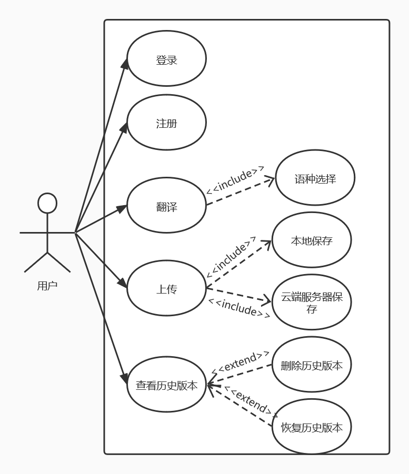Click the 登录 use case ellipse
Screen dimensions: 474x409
(166, 59)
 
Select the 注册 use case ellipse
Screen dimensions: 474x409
(166, 123)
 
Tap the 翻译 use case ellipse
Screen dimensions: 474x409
(166, 206)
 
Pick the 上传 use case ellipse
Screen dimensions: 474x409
(166, 288)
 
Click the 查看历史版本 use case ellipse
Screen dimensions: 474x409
(166, 385)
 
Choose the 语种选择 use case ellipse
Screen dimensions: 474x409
(315, 178)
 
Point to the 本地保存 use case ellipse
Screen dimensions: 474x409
(312, 240)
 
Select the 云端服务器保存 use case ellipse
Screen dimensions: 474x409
(312, 302)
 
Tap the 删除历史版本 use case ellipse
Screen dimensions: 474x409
(312, 365)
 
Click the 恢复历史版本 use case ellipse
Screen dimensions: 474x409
(312, 427)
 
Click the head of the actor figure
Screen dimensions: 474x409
(47, 203)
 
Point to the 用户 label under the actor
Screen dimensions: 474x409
(47, 286)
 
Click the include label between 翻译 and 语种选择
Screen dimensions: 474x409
(235, 179)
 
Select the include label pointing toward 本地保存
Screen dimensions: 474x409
(232, 257)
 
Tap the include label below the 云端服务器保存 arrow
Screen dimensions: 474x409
(239, 308)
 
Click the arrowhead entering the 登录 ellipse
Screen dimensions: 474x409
(125, 64)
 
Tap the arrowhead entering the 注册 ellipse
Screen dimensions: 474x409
(124, 128)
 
